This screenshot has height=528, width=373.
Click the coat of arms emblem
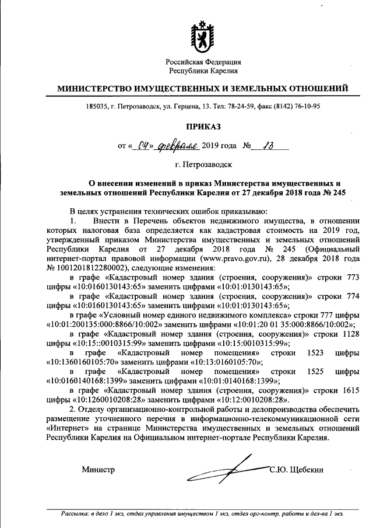coord(203,37)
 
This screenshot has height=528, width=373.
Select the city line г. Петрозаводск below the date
coord(203,165)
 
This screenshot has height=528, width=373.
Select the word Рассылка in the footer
coord(78,514)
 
